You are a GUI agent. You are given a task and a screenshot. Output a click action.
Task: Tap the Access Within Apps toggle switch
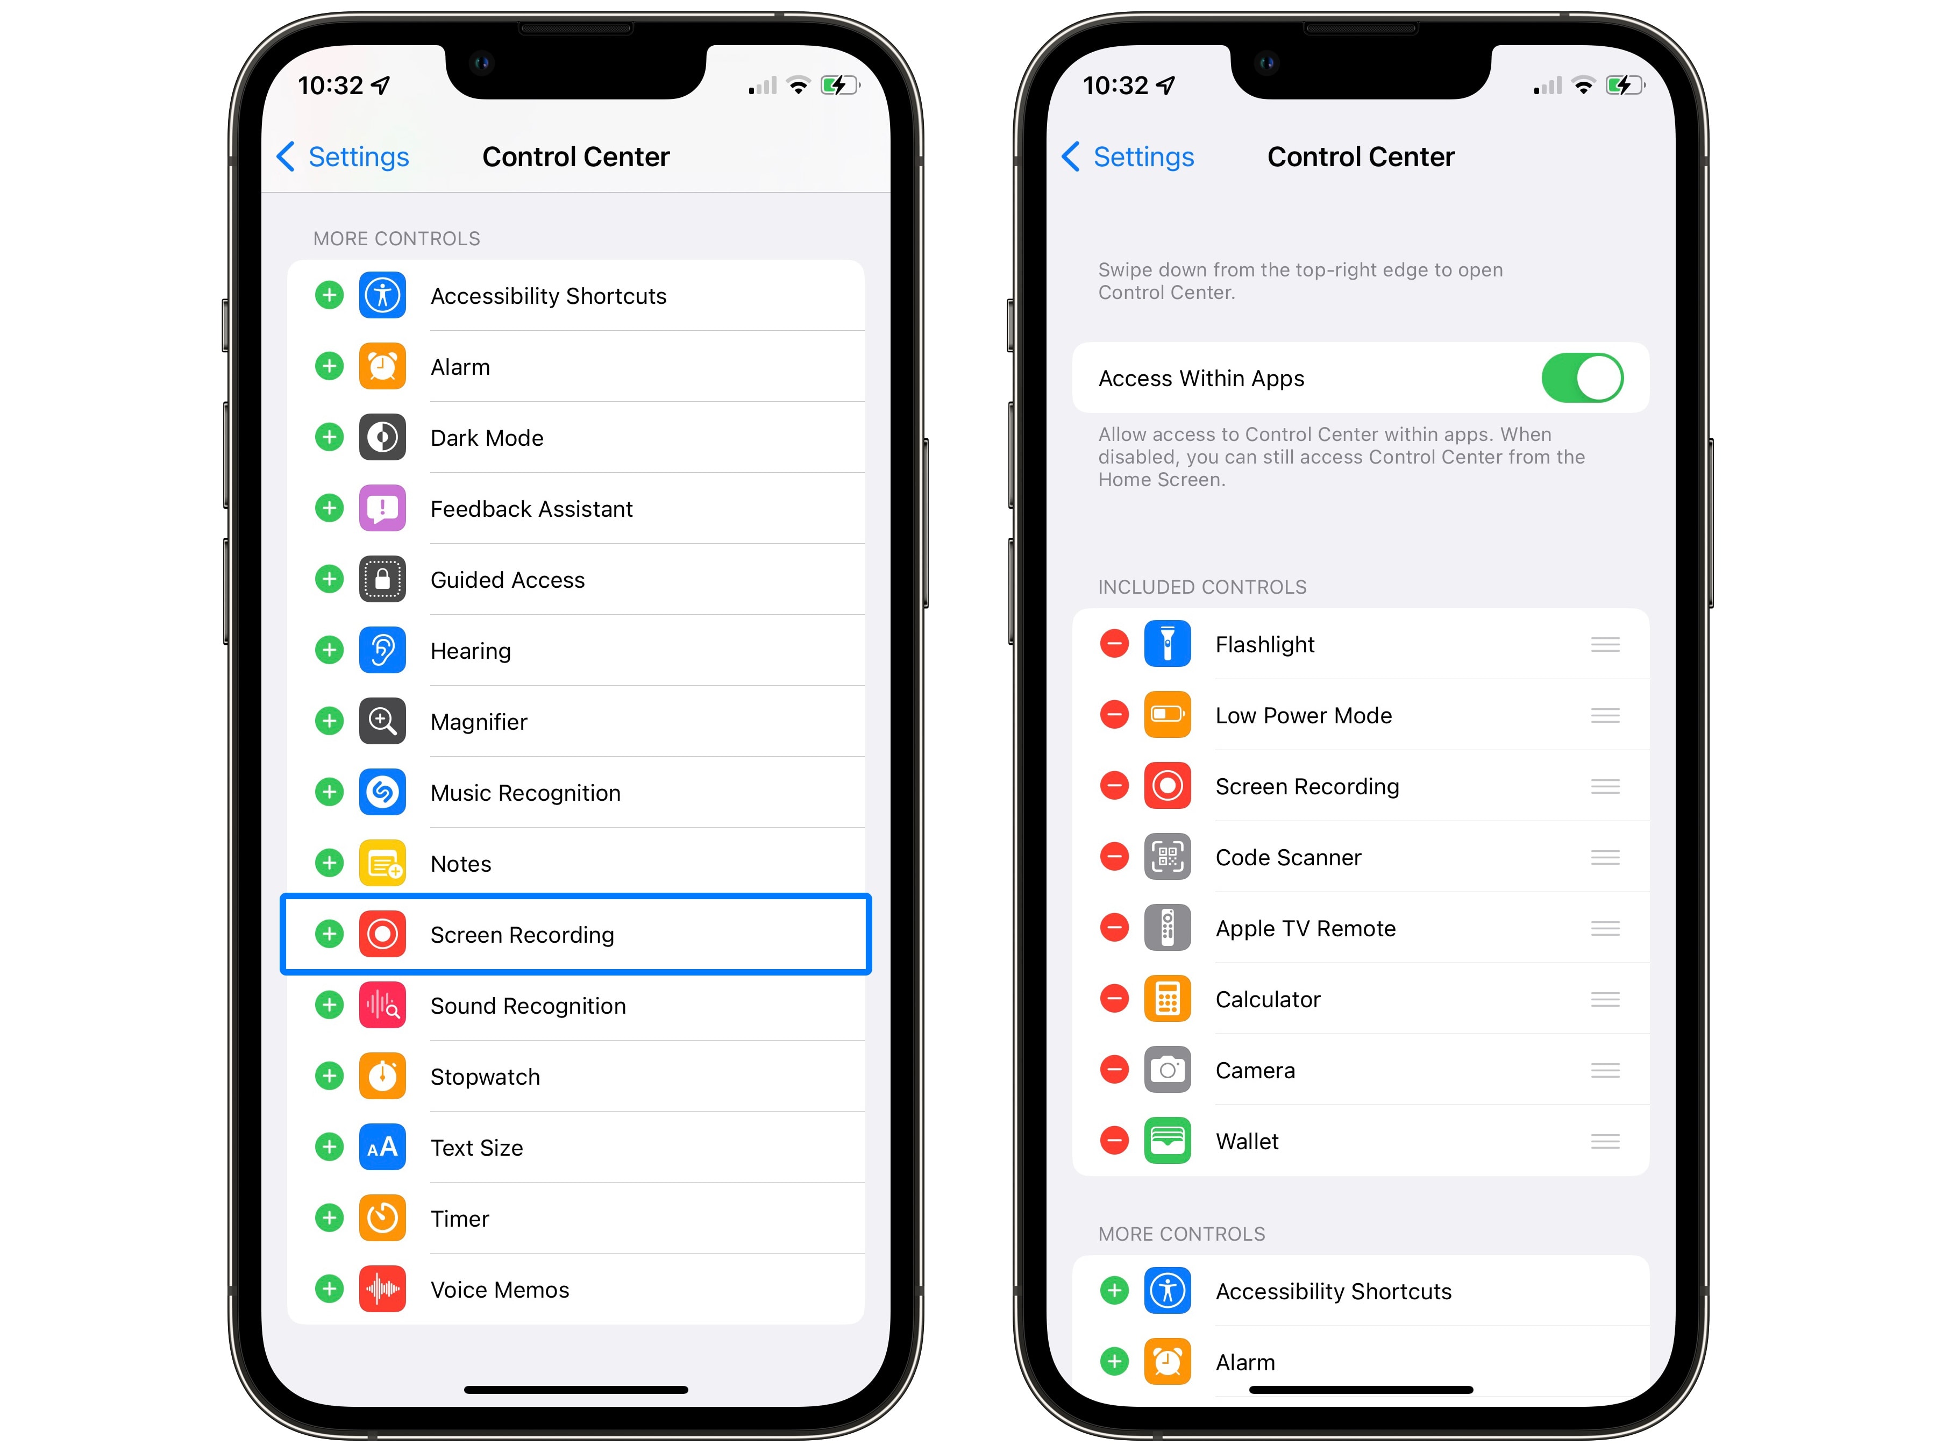[1582, 378]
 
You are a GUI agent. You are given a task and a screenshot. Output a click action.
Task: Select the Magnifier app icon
[382, 721]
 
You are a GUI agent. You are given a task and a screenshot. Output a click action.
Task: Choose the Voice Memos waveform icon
[382, 1289]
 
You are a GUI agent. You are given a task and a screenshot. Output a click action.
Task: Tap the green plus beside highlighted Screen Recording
[329, 934]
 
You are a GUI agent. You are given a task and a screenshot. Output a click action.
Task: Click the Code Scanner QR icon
[1168, 857]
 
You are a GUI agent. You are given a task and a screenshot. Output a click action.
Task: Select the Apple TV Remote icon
[1168, 928]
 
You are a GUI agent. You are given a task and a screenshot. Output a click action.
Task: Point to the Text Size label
[477, 1148]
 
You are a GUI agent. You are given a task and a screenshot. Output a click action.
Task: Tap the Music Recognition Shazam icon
[382, 792]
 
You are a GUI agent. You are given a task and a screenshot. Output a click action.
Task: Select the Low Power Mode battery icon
[1168, 715]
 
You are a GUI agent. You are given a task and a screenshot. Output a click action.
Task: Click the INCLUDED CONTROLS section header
[1202, 587]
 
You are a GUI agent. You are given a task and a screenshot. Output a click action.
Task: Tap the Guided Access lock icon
[382, 579]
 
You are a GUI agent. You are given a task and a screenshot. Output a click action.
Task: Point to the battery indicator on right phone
[1625, 85]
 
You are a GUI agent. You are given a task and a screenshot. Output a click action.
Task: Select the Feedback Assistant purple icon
[382, 509]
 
